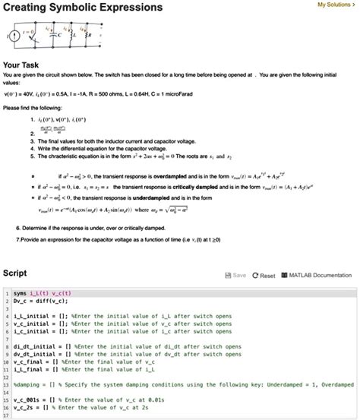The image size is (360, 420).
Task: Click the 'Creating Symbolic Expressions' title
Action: pyautogui.click(x=83, y=8)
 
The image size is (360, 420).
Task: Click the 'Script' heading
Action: pyautogui.click(x=15, y=273)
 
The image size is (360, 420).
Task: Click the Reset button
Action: pyautogui.click(x=263, y=275)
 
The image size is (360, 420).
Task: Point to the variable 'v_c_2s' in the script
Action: pyautogui.click(x=24, y=408)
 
